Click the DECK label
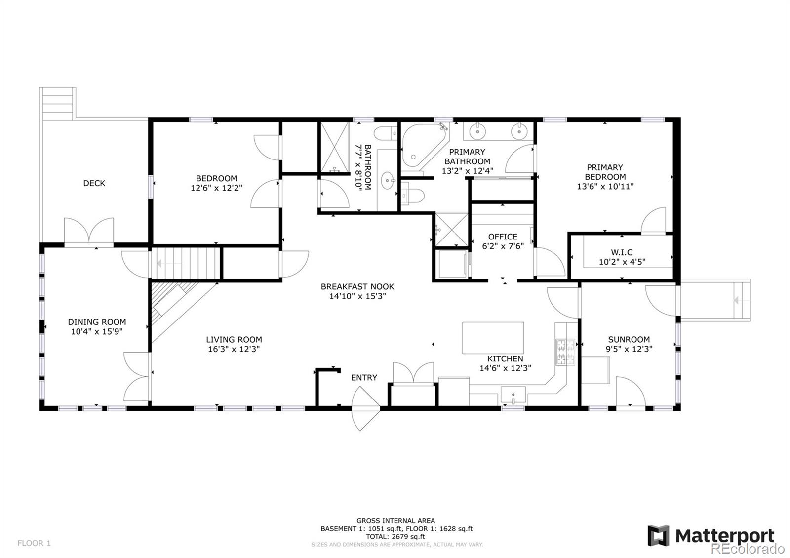[94, 183]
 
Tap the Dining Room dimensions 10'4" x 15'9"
[97, 332]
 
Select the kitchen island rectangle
[493, 338]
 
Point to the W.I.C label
[622, 252]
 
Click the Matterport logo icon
[659, 535]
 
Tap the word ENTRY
[364, 378]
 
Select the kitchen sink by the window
[513, 395]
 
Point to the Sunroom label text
[629, 339]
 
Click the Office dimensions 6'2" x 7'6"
[503, 246]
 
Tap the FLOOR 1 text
[34, 543]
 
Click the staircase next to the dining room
[186, 264]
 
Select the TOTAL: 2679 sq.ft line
[395, 536]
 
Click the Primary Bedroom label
[605, 172]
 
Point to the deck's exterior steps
[58, 103]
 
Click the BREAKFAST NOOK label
[357, 286]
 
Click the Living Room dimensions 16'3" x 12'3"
[234, 349]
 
